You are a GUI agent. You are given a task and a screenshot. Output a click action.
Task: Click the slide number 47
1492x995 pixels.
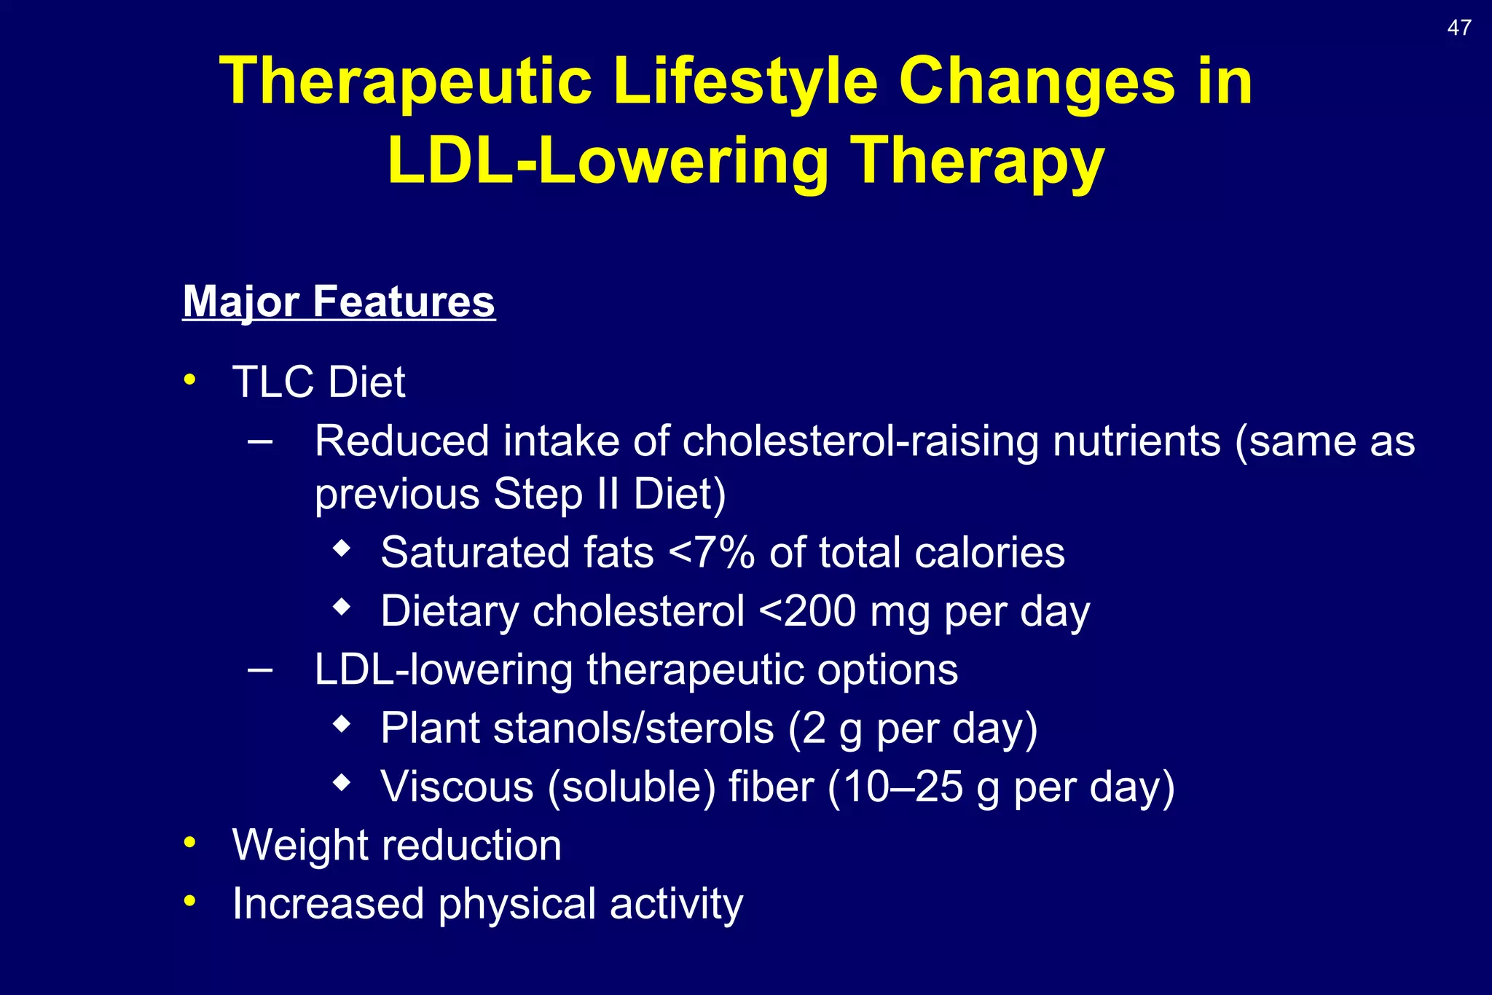coord(1458,28)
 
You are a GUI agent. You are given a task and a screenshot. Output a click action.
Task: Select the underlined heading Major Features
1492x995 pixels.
coord(339,302)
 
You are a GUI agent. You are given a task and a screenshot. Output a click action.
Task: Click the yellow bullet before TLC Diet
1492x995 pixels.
coord(190,379)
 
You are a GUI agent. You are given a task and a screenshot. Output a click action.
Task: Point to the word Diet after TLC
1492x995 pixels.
coord(367,382)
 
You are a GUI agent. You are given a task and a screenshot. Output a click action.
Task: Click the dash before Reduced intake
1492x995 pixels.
coord(260,441)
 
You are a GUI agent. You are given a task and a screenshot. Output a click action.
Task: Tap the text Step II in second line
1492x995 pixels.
coord(556,495)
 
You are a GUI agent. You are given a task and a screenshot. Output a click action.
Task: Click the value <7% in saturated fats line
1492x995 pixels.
coord(711,553)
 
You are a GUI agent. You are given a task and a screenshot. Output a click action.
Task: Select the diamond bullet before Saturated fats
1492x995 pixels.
coord(341,548)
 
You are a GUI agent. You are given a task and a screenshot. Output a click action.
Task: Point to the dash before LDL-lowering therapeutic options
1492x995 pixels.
coord(260,669)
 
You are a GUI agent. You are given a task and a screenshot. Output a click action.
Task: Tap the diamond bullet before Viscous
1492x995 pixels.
coord(341,783)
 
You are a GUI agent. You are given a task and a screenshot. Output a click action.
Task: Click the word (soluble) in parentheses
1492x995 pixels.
coord(631,787)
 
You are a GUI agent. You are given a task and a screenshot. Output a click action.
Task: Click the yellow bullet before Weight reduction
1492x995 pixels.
coord(190,843)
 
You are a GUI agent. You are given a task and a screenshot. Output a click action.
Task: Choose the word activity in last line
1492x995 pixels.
coord(676,904)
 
